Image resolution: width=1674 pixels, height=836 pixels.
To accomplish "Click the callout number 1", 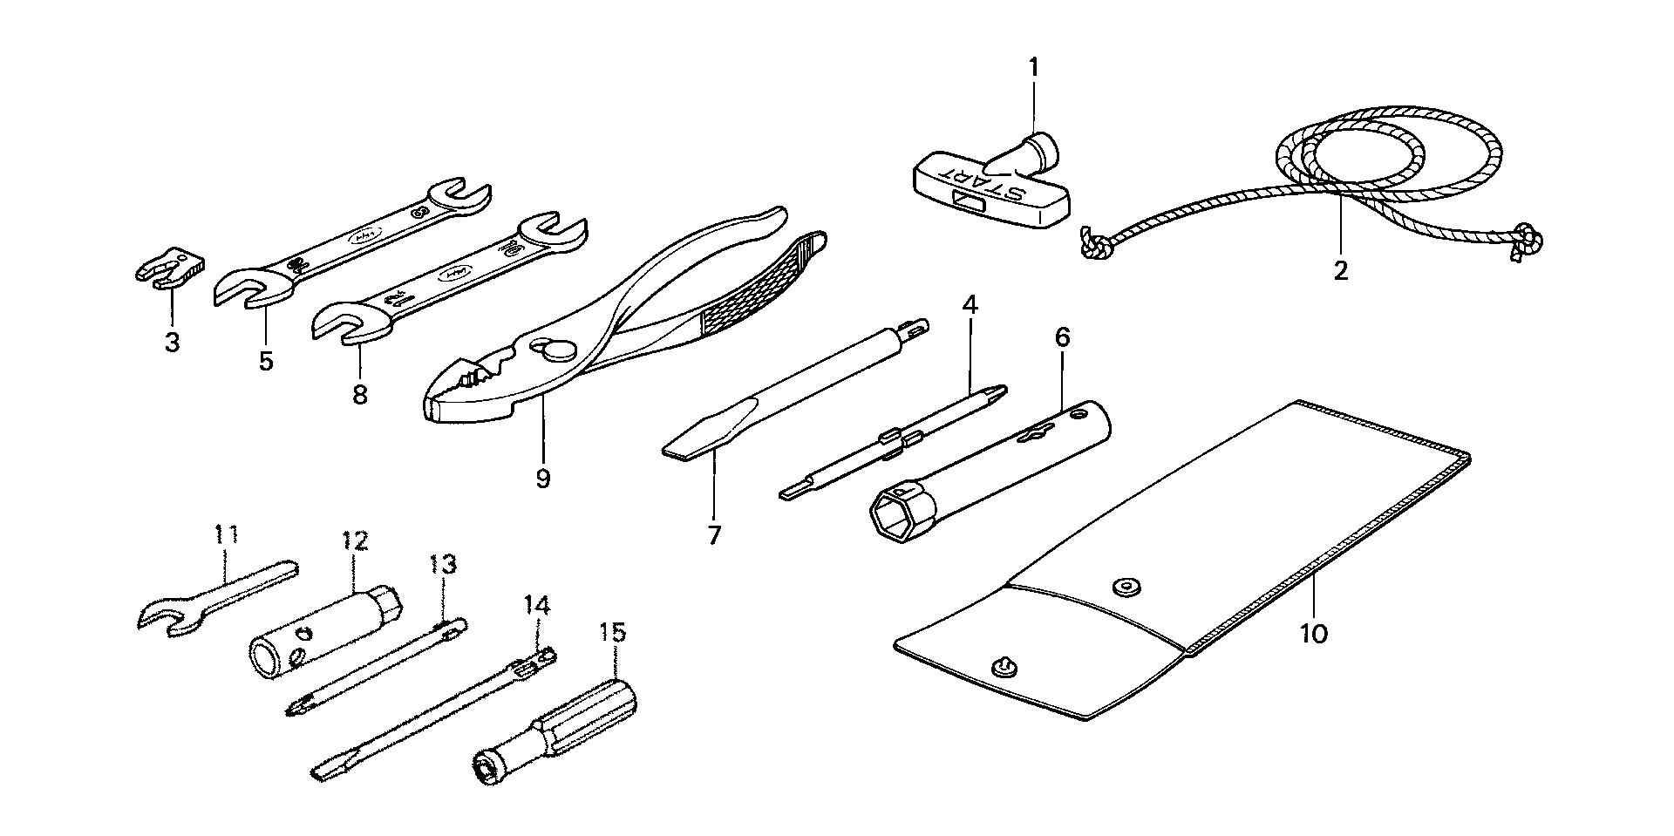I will point(1033,67).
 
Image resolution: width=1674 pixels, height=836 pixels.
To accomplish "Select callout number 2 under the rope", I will point(1340,270).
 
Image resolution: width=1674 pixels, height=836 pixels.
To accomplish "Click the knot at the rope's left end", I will point(1093,243).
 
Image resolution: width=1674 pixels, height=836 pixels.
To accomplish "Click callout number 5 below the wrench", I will point(265,360).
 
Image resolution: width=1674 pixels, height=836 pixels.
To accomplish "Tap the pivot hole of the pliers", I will point(548,346).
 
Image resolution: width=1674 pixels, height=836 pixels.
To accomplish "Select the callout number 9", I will point(543,478).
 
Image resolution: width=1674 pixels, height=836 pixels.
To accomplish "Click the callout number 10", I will point(1313,633).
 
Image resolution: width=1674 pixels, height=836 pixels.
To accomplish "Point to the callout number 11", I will point(227,534).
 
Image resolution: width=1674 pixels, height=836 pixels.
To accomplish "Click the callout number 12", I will point(356,541).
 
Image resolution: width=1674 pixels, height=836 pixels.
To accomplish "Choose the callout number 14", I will point(537,605).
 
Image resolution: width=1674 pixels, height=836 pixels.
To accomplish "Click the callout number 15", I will point(613,632).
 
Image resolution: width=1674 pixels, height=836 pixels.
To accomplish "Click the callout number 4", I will point(970,305).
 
